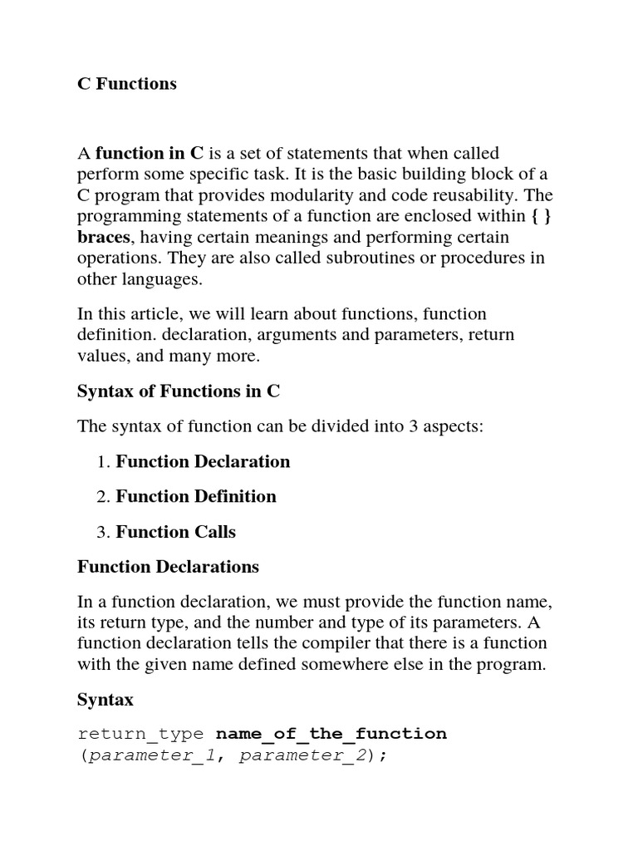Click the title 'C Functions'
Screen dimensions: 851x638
tap(126, 84)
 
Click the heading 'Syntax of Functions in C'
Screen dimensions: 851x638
tap(179, 391)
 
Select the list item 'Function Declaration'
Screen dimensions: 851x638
tap(203, 461)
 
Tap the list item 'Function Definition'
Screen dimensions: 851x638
tap(196, 496)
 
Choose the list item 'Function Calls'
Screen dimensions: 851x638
tap(175, 532)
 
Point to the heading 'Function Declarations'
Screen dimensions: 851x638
tap(168, 567)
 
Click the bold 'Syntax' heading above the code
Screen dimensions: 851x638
tap(106, 700)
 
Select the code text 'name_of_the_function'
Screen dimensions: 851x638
tap(331, 734)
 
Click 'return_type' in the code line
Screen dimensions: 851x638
tap(140, 734)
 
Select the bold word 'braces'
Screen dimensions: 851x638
tap(104, 238)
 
